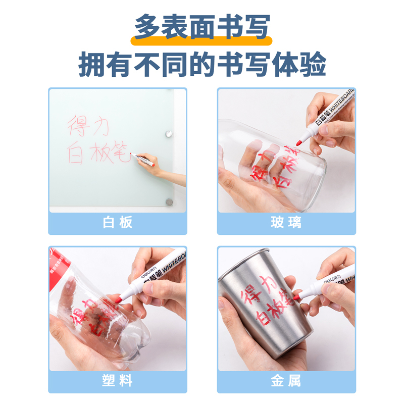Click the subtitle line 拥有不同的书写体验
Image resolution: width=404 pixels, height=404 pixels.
click(202, 64)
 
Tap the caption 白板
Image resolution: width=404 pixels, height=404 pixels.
click(117, 223)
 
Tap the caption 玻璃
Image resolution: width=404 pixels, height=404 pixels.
click(286, 223)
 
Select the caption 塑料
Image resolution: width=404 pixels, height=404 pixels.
click(117, 381)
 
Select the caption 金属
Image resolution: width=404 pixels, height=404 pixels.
click(286, 381)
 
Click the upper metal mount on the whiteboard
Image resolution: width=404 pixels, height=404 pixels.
click(169, 134)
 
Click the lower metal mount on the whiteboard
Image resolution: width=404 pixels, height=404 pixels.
click(169, 202)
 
